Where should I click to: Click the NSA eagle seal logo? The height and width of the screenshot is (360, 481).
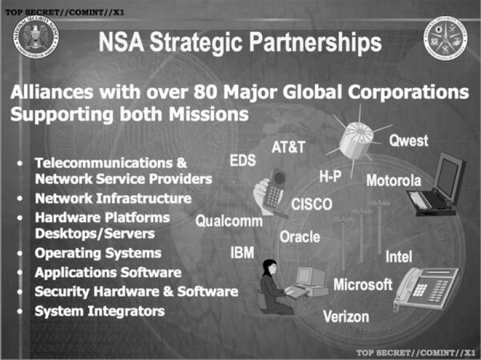pyautogui.click(x=36, y=37)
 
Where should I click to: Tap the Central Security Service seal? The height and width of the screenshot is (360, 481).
pyautogui.click(x=445, y=38)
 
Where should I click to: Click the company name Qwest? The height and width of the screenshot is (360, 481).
pyautogui.click(x=409, y=141)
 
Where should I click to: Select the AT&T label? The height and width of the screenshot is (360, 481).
pyautogui.click(x=289, y=147)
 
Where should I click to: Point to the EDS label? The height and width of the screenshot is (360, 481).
pyautogui.click(x=242, y=160)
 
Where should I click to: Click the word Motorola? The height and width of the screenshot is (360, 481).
pyautogui.click(x=393, y=180)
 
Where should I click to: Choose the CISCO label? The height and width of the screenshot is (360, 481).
pyautogui.click(x=311, y=204)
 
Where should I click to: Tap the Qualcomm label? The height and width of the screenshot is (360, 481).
pyautogui.click(x=229, y=221)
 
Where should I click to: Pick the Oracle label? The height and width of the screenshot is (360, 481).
pyautogui.click(x=300, y=237)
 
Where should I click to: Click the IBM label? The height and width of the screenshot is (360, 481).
pyautogui.click(x=242, y=253)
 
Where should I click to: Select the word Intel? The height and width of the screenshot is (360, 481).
pyautogui.click(x=398, y=256)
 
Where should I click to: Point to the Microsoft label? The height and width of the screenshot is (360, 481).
pyautogui.click(x=363, y=285)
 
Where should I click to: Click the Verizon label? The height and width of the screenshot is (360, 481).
pyautogui.click(x=346, y=316)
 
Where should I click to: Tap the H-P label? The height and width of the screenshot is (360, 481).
pyautogui.click(x=331, y=176)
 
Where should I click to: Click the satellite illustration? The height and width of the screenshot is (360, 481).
pyautogui.click(x=358, y=140)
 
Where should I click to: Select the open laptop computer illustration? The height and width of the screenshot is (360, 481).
pyautogui.click(x=435, y=184)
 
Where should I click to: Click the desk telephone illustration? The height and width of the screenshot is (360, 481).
pyautogui.click(x=425, y=289)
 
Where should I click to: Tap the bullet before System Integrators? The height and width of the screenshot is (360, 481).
pyautogui.click(x=20, y=311)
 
